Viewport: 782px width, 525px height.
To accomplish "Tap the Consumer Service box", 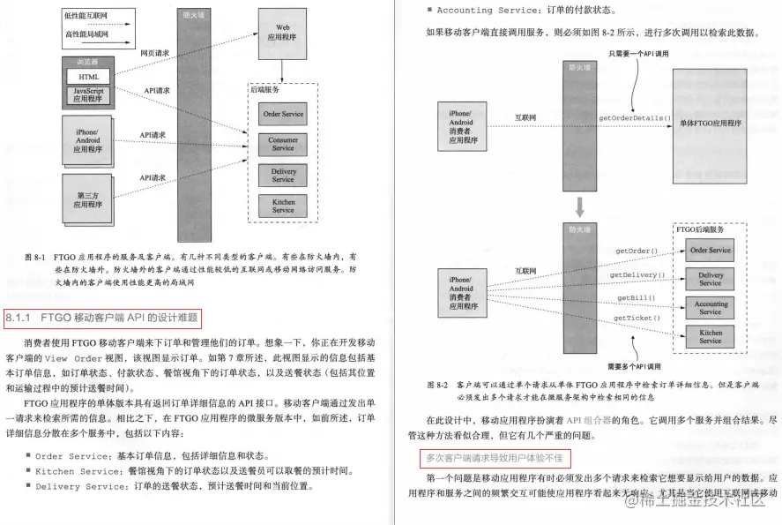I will (283, 144).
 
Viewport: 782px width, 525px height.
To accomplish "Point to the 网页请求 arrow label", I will (155, 53).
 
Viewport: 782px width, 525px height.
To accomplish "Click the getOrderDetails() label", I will (634, 117).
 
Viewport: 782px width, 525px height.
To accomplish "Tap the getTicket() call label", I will (633, 318).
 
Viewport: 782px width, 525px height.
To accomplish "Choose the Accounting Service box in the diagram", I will (711, 308).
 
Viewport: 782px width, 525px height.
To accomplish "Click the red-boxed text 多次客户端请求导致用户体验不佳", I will (494, 459).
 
